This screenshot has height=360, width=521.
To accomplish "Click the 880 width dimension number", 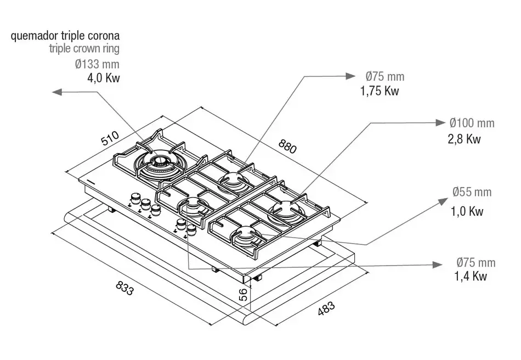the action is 287,147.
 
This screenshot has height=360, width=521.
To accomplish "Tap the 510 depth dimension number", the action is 110,138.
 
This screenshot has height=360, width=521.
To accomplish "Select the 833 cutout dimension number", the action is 125,288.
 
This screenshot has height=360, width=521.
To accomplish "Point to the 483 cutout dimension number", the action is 326,308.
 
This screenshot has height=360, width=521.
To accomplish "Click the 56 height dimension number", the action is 243,295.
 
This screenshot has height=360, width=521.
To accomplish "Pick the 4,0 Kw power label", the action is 103,78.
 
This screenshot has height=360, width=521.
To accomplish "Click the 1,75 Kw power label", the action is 380,91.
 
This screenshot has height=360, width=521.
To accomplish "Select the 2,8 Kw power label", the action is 464,139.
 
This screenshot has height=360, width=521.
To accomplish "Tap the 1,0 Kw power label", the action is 467,211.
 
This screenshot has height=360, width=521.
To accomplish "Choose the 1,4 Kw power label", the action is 471,276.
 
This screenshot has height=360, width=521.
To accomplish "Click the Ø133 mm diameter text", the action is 97,64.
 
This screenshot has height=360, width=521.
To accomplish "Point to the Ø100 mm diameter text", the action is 472,123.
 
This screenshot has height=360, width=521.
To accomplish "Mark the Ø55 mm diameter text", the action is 472,192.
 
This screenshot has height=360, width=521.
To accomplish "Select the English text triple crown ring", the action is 84,48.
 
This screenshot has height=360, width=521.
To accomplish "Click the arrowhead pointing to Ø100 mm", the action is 440,123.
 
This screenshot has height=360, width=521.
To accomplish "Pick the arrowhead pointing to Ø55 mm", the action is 443,201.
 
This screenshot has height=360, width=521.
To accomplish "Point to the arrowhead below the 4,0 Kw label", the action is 57,92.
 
